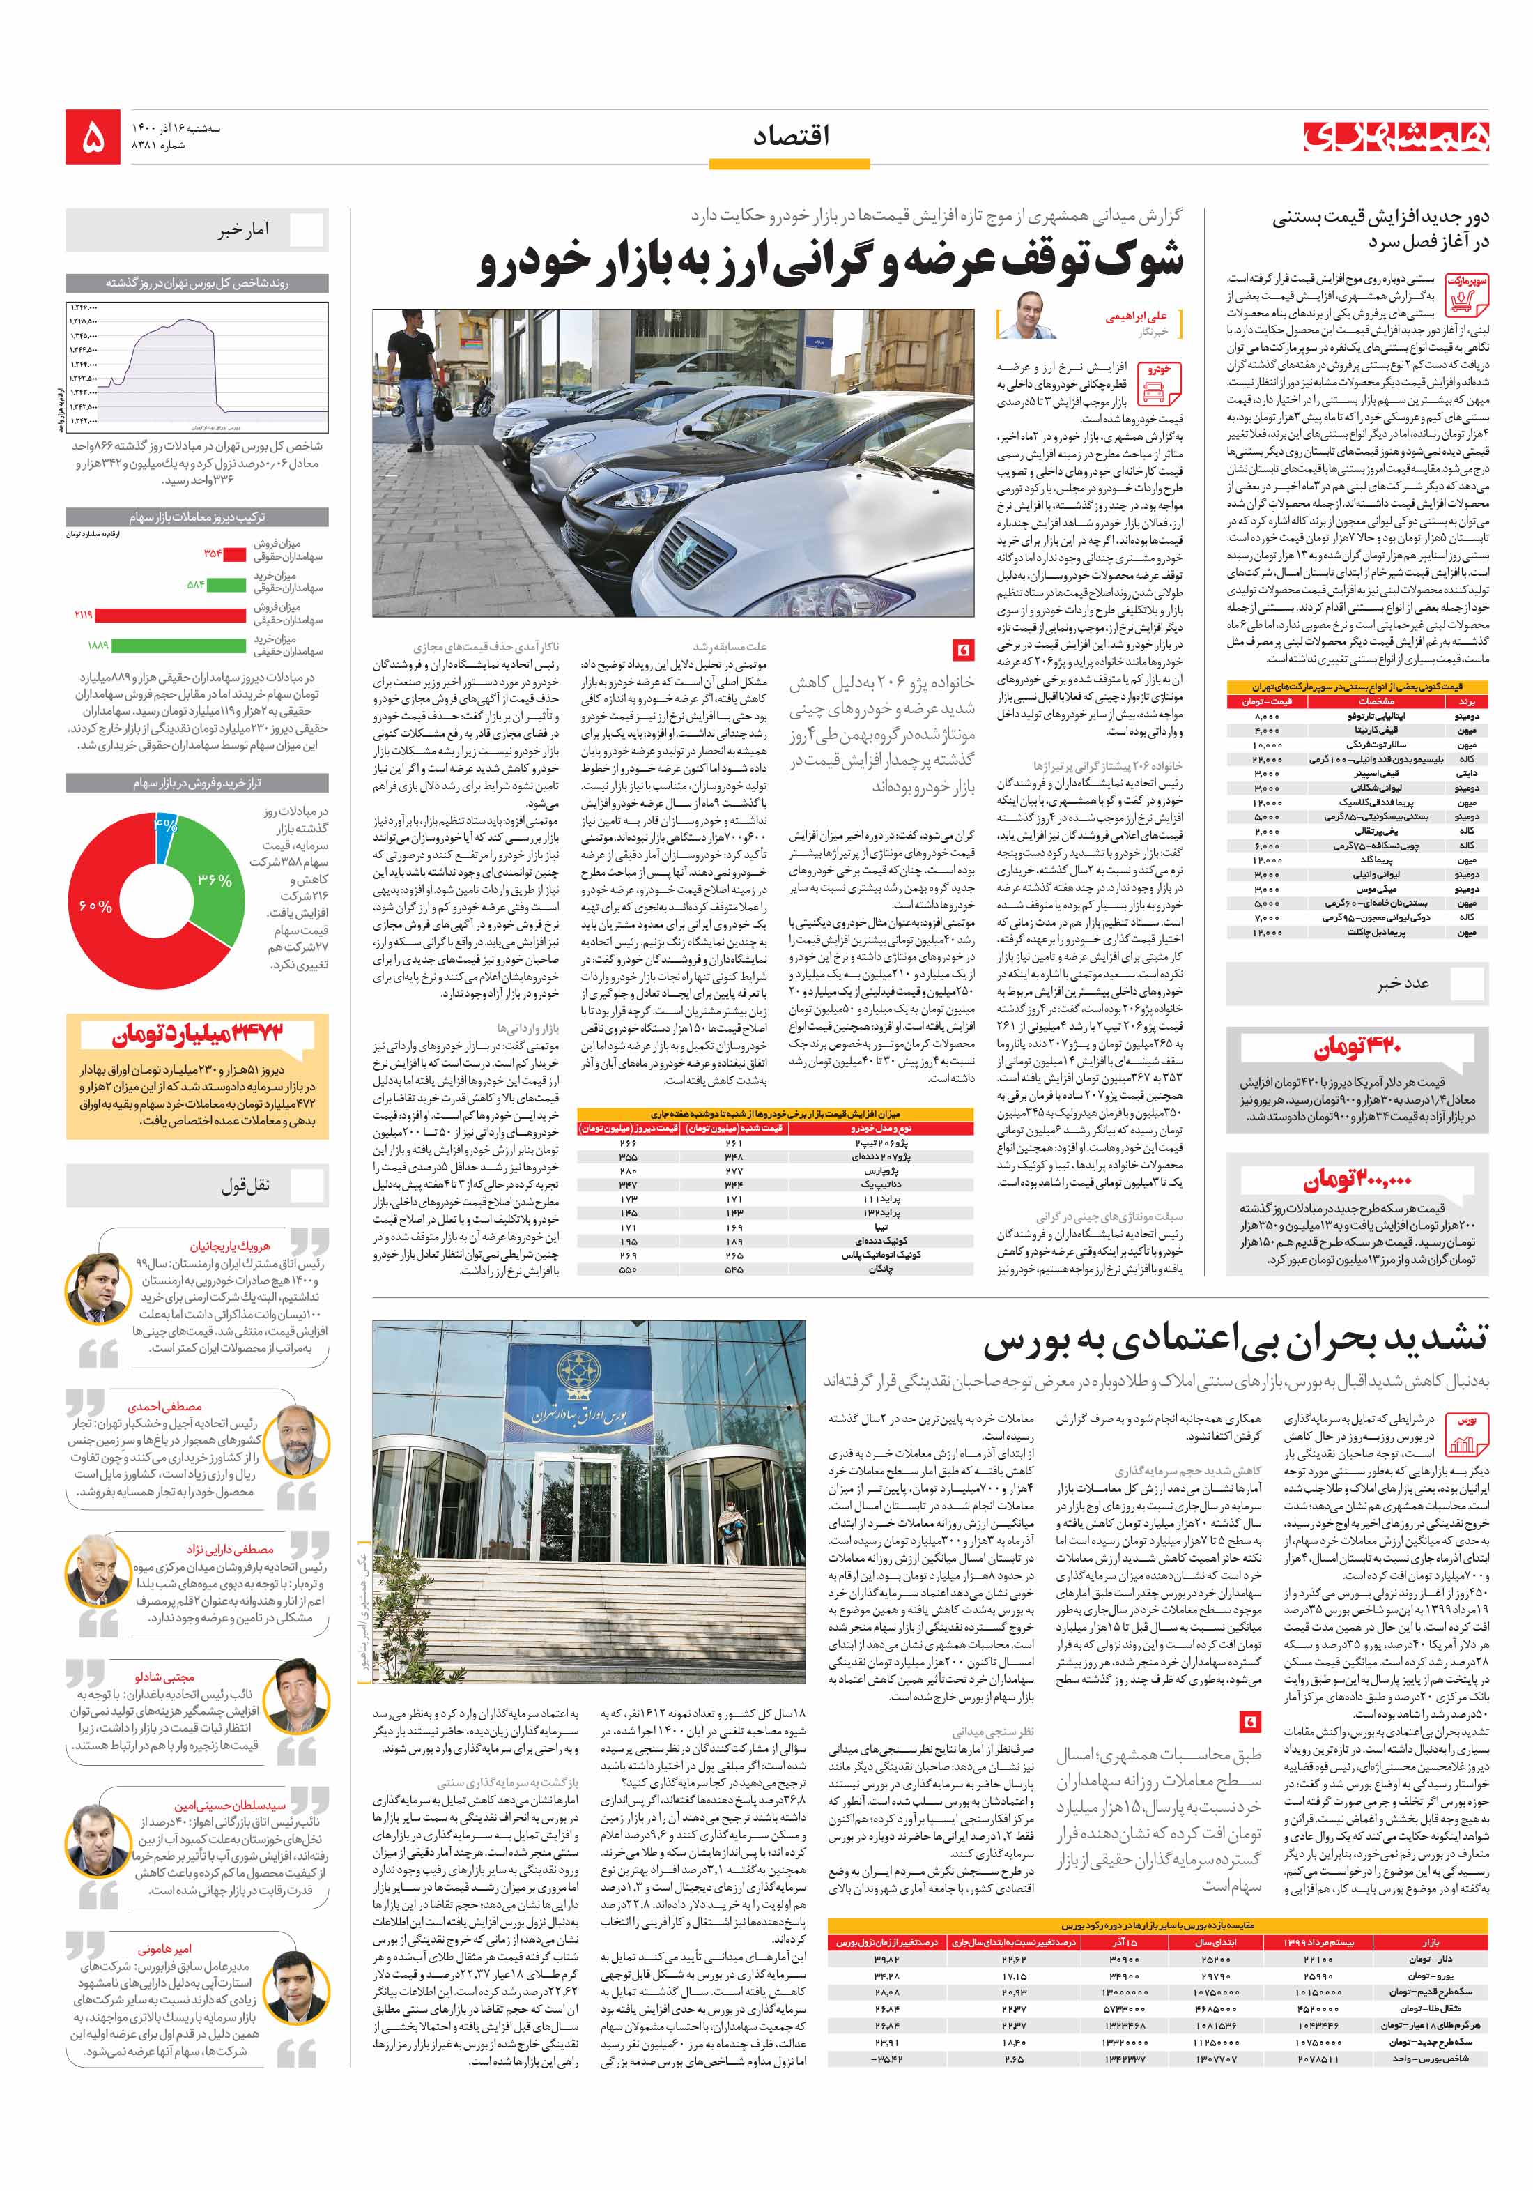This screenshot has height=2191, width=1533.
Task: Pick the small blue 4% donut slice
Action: [165, 823]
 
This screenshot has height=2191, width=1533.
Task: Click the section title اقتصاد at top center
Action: [790, 135]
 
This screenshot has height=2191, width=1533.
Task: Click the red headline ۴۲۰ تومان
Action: [1357, 1048]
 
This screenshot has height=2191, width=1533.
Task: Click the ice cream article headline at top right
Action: [1380, 229]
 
